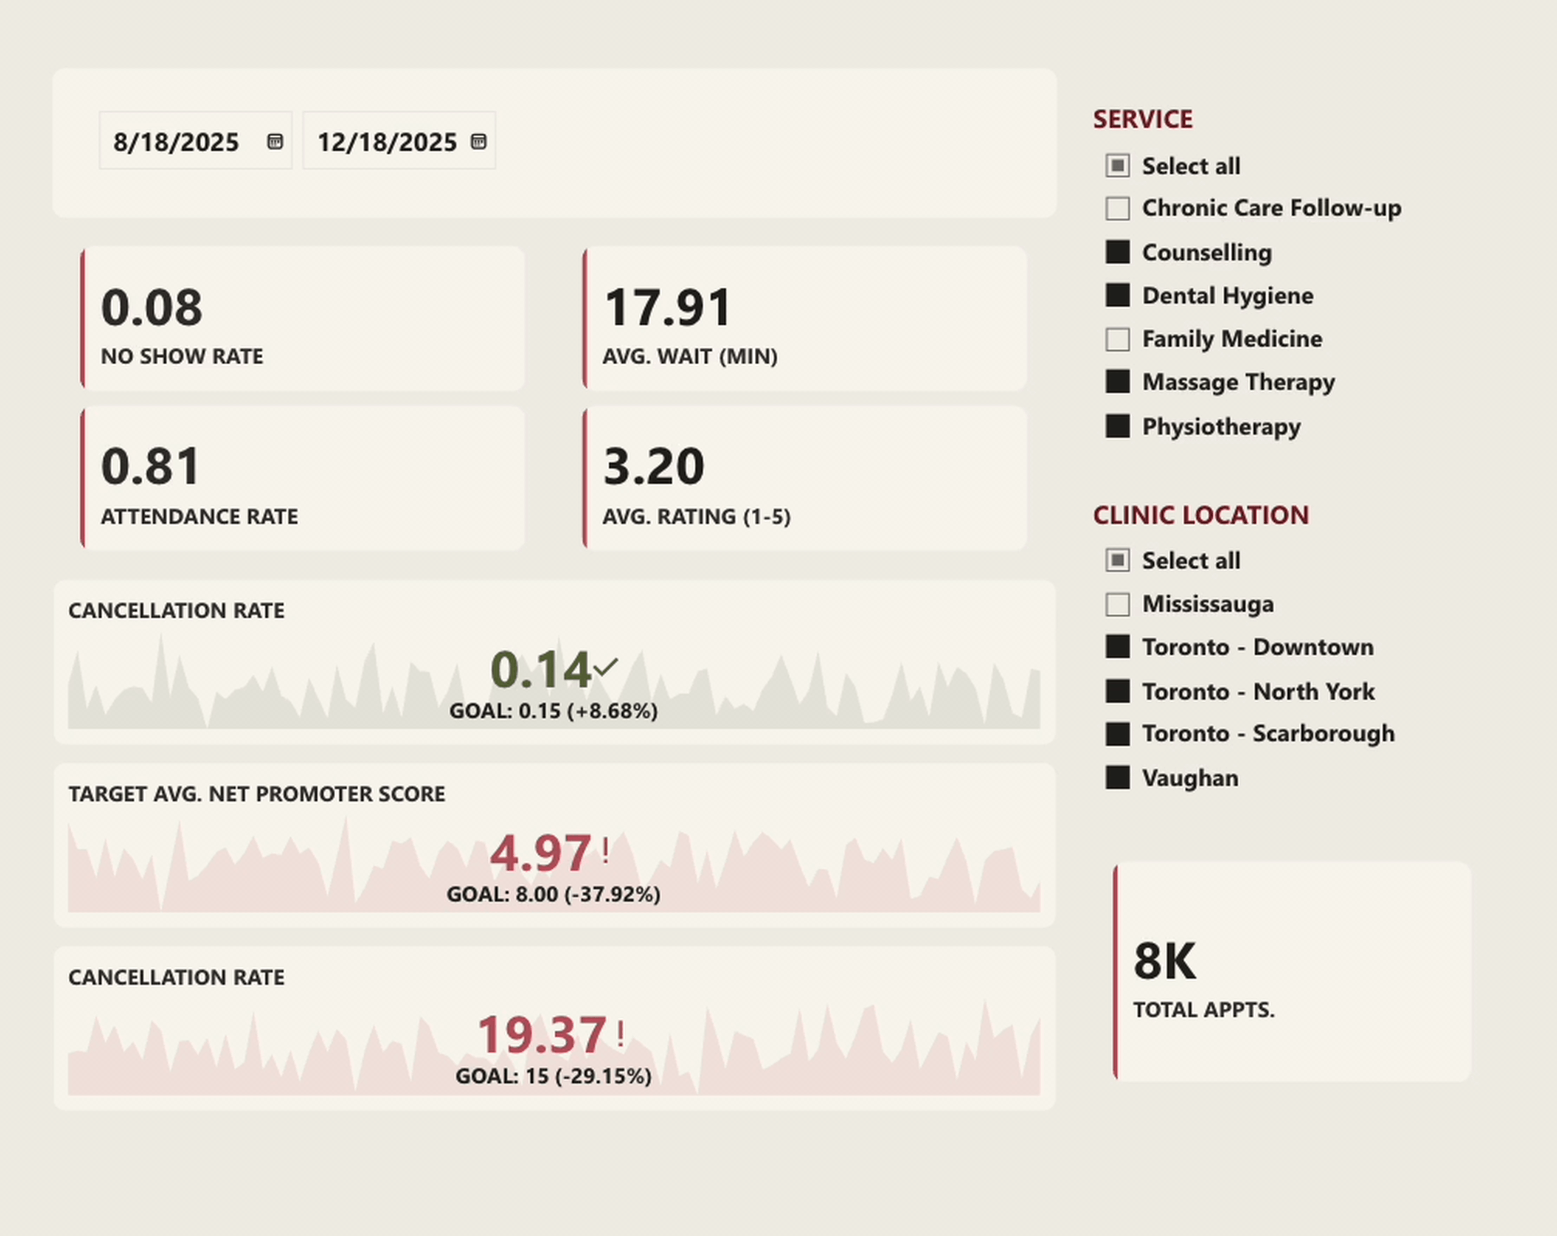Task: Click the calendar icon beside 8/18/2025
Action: click(274, 142)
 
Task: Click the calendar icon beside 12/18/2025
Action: click(478, 142)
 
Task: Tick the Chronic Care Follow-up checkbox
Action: click(1117, 209)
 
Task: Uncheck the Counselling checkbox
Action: click(1117, 252)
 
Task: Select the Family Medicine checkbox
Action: click(1117, 339)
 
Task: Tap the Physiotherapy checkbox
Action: click(1117, 426)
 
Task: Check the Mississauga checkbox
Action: click(1117, 604)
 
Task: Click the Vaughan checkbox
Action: click(1117, 778)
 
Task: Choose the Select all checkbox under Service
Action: click(1117, 166)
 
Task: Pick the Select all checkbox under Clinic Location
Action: click(1117, 561)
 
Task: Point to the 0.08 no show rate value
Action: click(151, 308)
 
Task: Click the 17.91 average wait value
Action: click(667, 308)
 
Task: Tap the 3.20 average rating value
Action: click(654, 466)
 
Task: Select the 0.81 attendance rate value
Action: click(150, 466)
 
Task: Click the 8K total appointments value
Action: click(1164, 961)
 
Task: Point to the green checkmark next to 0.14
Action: click(605, 666)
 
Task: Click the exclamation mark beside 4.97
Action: click(605, 851)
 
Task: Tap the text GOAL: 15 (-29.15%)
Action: click(553, 1077)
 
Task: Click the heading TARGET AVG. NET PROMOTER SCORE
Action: click(257, 794)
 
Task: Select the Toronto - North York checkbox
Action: click(1117, 691)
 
